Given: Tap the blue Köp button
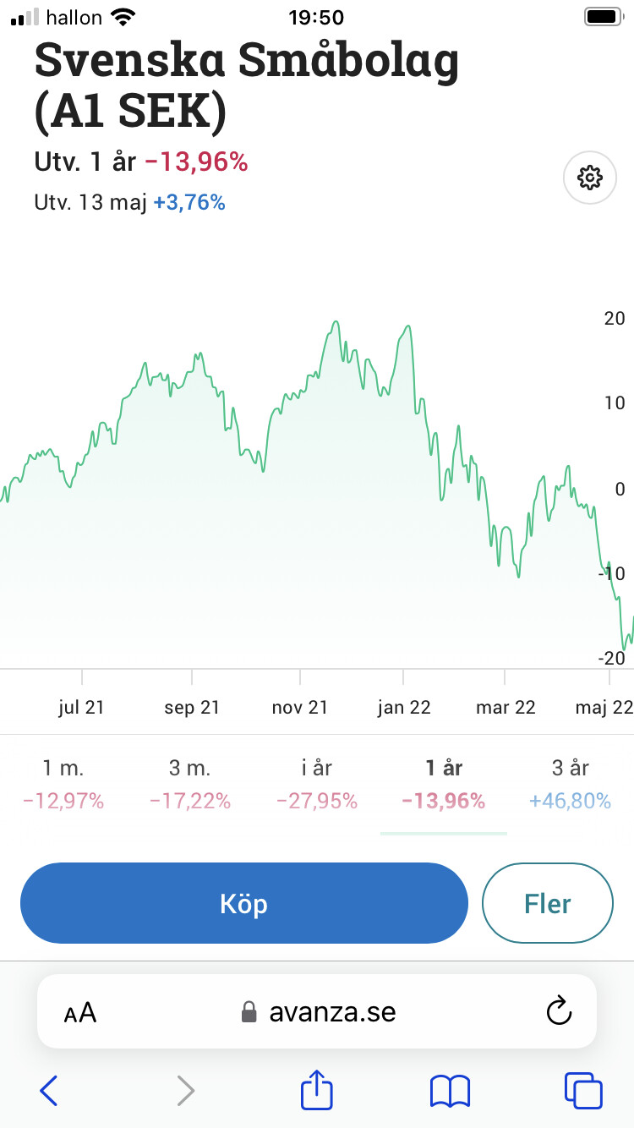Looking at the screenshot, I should pos(243,903).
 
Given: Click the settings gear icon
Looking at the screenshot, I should pos(589,178).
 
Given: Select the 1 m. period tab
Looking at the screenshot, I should pos(63,768).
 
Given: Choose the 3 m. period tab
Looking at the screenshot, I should pos(190,768).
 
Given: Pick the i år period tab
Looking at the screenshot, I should pos(317,768).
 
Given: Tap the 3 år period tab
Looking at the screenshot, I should pos(570,768).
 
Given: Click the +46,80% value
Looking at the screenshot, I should pos(570,801).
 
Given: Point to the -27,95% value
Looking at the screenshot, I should pos(317,801).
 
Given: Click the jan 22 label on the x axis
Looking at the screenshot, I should pos(404,708).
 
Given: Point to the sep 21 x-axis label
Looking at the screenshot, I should pos(192,708).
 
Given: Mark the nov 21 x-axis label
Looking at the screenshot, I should pos(300,708).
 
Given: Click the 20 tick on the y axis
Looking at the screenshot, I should pos(615,319).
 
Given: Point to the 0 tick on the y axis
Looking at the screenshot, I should pos(620,489).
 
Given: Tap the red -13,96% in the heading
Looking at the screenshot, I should pos(196,162).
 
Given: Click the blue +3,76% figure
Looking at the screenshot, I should pos(189,203).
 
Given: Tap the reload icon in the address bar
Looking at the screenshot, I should pos(559,1011).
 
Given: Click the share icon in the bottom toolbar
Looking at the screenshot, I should pos(317,1090).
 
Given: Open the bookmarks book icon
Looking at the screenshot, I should pos(450,1091).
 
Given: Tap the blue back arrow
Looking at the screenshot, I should pos(49,1091).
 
